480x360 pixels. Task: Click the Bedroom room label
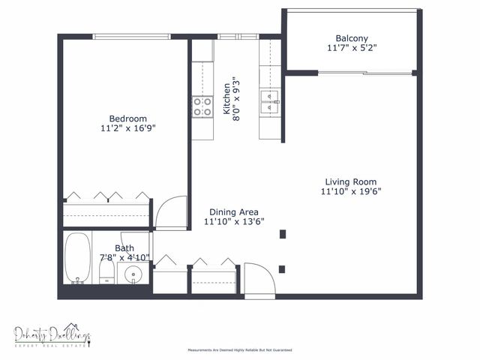click(127, 118)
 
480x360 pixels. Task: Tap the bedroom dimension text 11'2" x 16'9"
click(127, 128)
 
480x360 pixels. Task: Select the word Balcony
click(351, 38)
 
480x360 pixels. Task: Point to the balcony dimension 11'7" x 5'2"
click(351, 48)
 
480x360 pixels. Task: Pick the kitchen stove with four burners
click(202, 107)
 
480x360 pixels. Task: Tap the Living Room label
click(350, 181)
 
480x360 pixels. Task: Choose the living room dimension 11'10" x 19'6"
click(350, 191)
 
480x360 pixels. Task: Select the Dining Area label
click(233, 211)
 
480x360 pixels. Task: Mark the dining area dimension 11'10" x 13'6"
click(233, 221)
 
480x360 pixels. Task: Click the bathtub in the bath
click(76, 259)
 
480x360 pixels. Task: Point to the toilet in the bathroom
click(106, 271)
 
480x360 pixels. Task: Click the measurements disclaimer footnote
click(240, 350)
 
